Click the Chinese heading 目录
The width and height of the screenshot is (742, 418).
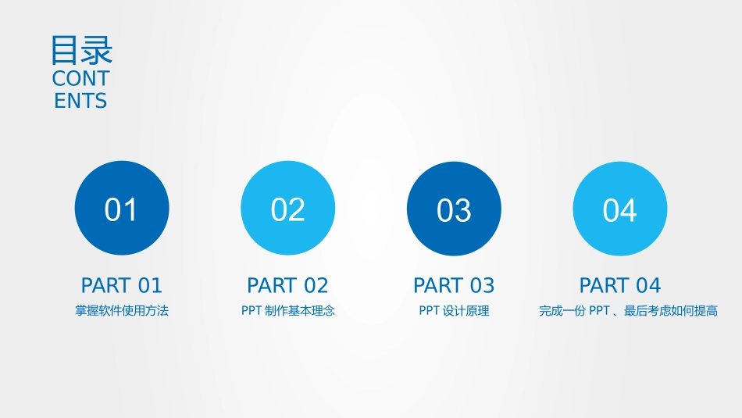tap(81, 50)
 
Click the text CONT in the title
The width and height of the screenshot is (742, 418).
tap(80, 79)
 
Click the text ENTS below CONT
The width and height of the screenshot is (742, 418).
tap(80, 101)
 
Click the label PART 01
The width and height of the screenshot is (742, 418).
tap(121, 285)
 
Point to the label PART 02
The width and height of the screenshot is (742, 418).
tap(287, 285)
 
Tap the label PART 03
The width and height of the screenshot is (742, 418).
tap(454, 285)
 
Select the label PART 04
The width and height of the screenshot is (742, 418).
tap(620, 285)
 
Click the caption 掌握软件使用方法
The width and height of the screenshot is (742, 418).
tap(121, 311)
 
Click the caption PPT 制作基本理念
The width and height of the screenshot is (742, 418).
tap(287, 311)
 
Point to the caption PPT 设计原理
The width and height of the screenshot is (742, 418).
tap(454, 311)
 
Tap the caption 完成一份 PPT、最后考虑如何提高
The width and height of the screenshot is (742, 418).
tap(628, 311)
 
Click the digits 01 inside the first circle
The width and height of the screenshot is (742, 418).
tap(121, 210)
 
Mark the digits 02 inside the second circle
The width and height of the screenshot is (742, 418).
tap(287, 210)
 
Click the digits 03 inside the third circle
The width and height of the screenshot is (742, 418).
tap(454, 210)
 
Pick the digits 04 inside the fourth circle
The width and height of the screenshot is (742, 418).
tap(620, 210)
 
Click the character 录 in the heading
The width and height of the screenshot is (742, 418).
tap(97, 50)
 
